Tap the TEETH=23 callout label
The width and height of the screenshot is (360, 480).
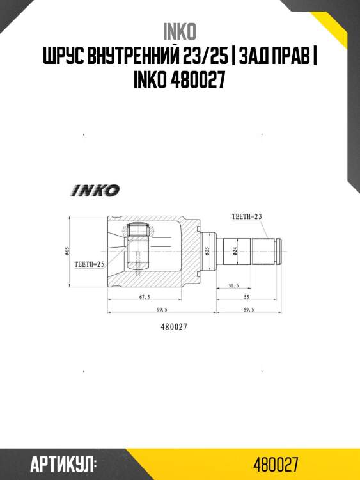(x=247, y=217)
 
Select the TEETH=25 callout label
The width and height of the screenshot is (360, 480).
(x=89, y=263)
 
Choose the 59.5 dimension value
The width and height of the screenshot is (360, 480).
(x=249, y=309)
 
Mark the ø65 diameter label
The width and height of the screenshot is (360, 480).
(x=67, y=252)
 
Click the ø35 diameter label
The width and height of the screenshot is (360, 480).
(x=207, y=251)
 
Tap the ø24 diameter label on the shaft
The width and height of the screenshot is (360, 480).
(x=235, y=251)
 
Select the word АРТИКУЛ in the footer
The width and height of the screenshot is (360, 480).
(x=62, y=463)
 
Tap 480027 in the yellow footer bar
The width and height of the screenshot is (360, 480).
(x=275, y=463)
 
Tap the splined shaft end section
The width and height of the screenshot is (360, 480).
(x=263, y=252)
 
